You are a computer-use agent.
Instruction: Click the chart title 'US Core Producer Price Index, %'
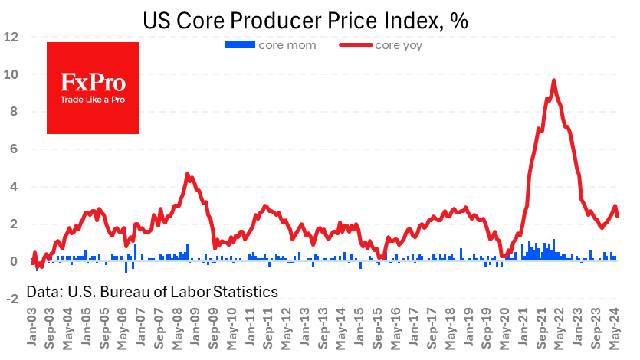(x=305, y=21)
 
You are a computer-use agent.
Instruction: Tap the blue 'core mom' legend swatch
(x=240, y=44)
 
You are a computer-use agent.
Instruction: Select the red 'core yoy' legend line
(x=356, y=45)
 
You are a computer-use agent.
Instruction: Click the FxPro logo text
(x=93, y=83)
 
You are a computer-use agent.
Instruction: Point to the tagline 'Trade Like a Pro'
(x=93, y=100)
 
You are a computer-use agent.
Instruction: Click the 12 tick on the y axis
(x=11, y=37)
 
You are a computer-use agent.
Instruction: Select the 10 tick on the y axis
(x=11, y=74)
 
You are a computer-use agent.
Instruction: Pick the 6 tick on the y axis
(x=15, y=149)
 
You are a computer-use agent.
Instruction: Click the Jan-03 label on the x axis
(x=32, y=327)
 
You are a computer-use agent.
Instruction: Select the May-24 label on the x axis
(x=614, y=328)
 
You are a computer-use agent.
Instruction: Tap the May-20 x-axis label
(x=505, y=328)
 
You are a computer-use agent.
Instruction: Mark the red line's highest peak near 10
(x=554, y=80)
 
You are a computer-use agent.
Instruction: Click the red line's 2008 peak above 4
(x=187, y=174)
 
